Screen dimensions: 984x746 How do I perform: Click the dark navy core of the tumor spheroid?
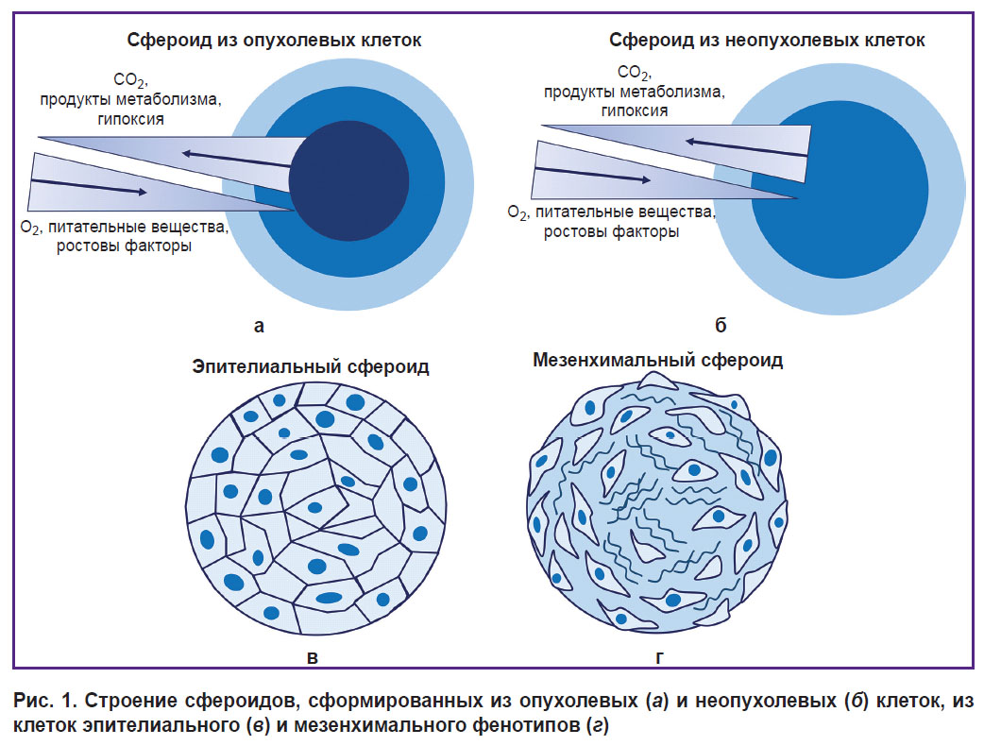[348, 180]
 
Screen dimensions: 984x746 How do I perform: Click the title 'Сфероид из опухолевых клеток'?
[274, 41]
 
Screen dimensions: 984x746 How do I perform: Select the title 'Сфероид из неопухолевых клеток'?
[767, 41]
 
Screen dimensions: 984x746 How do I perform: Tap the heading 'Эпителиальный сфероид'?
[311, 366]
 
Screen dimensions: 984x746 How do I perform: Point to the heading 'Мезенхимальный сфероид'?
[657, 360]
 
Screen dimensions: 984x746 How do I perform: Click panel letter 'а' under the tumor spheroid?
[259, 327]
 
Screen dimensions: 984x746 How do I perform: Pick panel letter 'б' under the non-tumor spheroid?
[721, 325]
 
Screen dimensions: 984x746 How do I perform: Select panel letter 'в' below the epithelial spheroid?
[312, 657]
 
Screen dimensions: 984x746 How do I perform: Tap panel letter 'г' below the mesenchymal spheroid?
[659, 657]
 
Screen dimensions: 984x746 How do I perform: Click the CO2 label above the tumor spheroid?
[130, 80]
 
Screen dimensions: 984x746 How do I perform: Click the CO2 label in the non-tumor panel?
[634, 73]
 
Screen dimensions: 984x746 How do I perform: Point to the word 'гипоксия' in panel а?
[130, 119]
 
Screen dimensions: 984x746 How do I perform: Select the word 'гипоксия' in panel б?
[635, 111]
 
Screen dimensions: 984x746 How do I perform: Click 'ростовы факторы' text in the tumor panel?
[125, 246]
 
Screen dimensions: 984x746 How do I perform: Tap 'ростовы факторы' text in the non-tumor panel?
[611, 232]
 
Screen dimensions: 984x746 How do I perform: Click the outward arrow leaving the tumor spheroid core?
[237, 159]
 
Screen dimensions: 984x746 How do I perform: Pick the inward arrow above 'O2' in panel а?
[89, 187]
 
